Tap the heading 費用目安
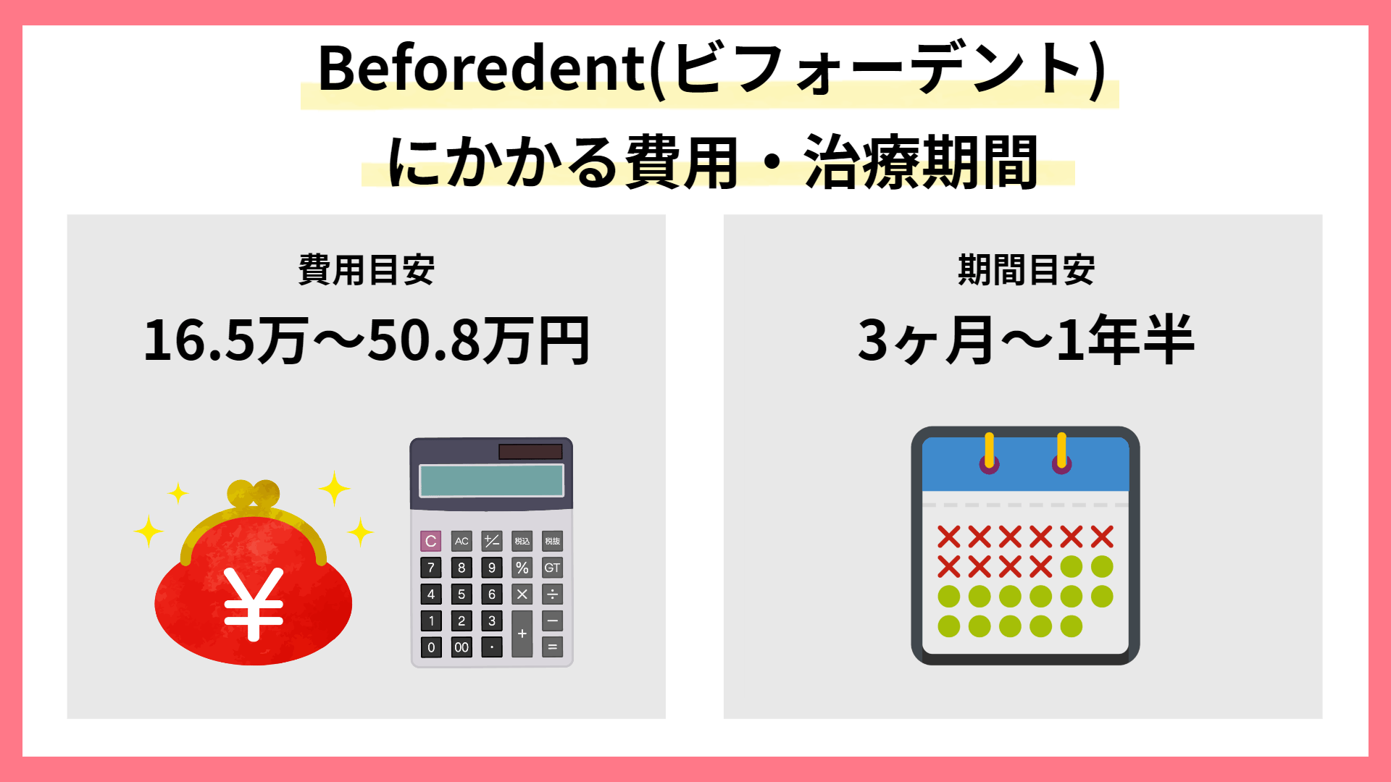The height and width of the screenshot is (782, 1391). (367, 270)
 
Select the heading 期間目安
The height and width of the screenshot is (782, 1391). (1026, 270)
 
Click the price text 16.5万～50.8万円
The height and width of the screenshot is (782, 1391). (367, 340)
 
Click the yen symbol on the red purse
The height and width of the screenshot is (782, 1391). (253, 605)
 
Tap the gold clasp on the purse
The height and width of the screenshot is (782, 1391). (253, 495)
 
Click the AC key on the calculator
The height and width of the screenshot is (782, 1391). (461, 541)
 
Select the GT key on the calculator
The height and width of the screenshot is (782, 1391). (552, 568)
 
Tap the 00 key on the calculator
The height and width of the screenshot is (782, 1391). (461, 647)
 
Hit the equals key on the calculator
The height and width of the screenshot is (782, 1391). (552, 647)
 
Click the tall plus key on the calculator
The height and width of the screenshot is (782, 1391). (522, 634)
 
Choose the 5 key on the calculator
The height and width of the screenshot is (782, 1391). (461, 594)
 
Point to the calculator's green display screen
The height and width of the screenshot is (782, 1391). (491, 480)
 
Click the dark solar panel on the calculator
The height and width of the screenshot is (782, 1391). (530, 452)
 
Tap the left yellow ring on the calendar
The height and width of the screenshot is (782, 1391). (989, 453)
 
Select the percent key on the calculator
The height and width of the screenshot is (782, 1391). (522, 568)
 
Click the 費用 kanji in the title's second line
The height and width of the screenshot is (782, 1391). (682, 162)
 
